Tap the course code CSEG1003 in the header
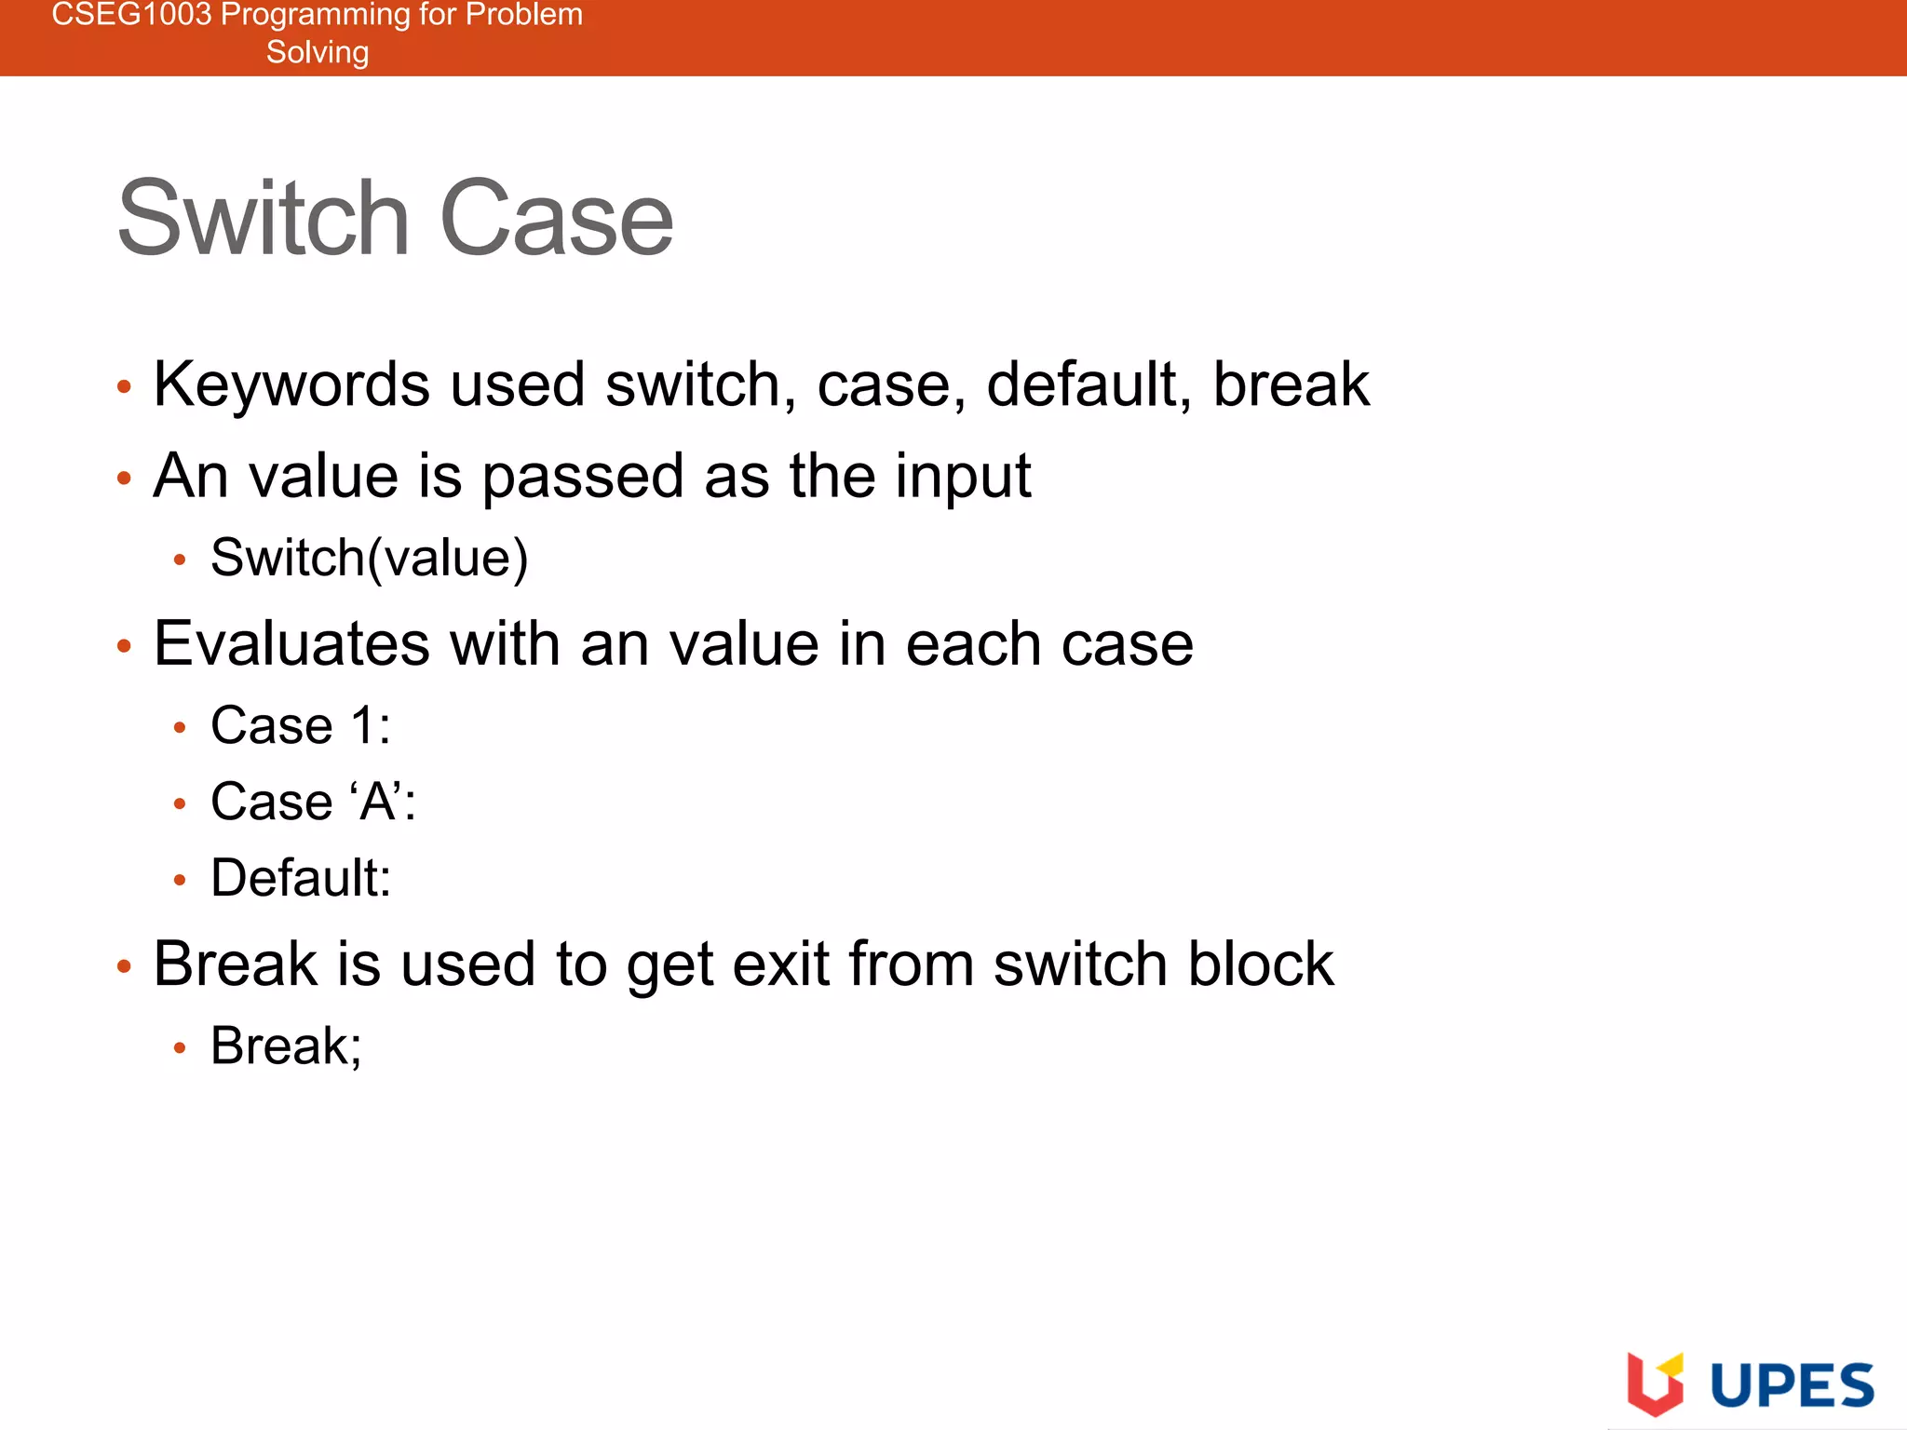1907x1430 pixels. click(130, 15)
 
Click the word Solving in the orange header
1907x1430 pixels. click(318, 52)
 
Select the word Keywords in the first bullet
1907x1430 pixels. click(291, 384)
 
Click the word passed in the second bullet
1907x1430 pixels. click(582, 477)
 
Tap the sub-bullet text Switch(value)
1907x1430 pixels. click(369, 559)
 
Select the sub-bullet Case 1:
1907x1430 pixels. click(300, 725)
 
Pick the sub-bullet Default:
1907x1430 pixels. click(300, 878)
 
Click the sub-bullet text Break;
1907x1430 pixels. click(285, 1046)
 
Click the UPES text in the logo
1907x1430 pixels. click(1792, 1385)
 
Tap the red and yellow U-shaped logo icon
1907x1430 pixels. click(1655, 1383)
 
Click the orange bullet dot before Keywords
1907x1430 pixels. click(124, 386)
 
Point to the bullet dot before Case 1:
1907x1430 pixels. click(180, 728)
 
